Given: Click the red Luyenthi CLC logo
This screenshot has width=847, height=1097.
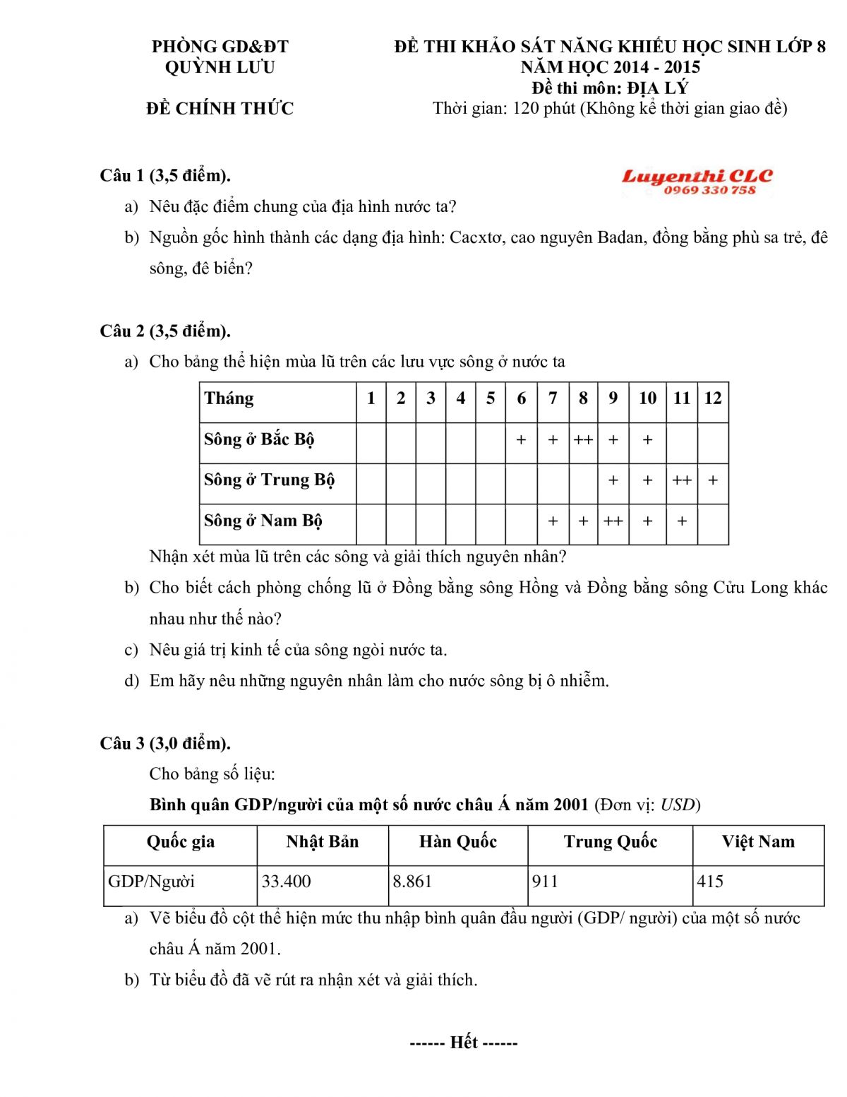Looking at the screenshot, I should pos(697,176).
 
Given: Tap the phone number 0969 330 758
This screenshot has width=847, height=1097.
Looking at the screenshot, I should pos(709,190).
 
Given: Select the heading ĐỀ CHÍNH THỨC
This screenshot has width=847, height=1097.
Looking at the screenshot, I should pos(220,108).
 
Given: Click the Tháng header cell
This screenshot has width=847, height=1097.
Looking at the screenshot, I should pos(229,398).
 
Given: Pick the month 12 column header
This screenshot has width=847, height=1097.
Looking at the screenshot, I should pos(713,398).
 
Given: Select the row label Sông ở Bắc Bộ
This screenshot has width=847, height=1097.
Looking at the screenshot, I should pos(259,439).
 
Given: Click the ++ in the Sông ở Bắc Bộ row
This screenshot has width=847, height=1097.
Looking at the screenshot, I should pos(583,440).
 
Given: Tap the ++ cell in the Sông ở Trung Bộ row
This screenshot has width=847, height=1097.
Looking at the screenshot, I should pos(682,480).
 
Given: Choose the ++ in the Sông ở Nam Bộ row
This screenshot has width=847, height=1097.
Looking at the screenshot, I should pos(613,521).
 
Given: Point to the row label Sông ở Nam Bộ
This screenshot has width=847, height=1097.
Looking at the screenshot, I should pos(263,521).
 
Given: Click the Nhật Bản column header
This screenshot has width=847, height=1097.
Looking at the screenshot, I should pos(323,841).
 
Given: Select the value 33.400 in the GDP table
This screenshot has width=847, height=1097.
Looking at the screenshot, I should pos(287,882).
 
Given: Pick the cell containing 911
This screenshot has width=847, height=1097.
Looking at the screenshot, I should pos(545,882).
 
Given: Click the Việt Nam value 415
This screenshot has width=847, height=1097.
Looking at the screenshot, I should pos(710,882).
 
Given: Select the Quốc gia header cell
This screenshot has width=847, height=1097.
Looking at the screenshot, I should pos(181,841).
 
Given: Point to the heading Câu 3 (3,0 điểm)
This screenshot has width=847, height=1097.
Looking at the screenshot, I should pos(165,743).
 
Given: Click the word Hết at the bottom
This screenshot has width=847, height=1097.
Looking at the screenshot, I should pos(464,1043).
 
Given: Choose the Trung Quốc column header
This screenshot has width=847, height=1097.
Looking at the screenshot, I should pos(611,841).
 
